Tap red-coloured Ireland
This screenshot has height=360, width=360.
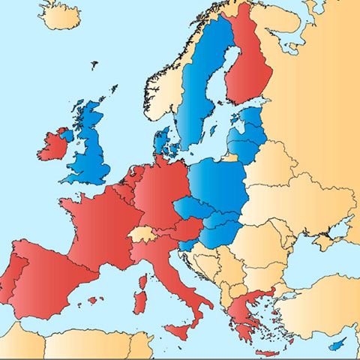(x=52, y=145)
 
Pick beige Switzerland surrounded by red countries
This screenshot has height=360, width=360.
(x=142, y=234)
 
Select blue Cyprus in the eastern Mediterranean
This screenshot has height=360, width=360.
(x=339, y=343)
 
